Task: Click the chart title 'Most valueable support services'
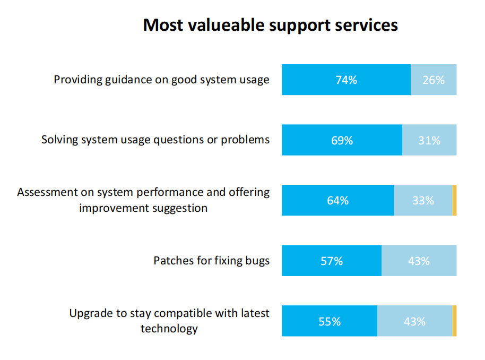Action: pyautogui.click(x=270, y=25)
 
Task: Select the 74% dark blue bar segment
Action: pyautogui.click(x=346, y=80)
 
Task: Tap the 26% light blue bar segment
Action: pyautogui.click(x=433, y=80)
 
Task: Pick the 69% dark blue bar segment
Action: pyautogui.click(x=342, y=140)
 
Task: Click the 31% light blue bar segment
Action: pyautogui.click(x=429, y=140)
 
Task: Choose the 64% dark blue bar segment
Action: pyautogui.click(x=337, y=200)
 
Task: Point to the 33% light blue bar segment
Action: pyautogui.click(x=423, y=200)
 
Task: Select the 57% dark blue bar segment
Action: pyautogui.click(x=331, y=261)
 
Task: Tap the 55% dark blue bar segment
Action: pyautogui.click(x=329, y=321)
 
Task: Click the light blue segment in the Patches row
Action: pyautogui.click(x=419, y=261)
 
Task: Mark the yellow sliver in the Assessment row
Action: pyautogui.click(x=454, y=200)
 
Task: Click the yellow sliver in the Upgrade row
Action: pyautogui.click(x=454, y=321)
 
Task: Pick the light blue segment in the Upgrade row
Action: pyautogui.click(x=414, y=321)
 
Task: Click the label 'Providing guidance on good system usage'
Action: pyautogui.click(x=162, y=80)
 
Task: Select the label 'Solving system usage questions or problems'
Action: pyautogui.click(x=155, y=140)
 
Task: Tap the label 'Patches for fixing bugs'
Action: pyautogui.click(x=211, y=261)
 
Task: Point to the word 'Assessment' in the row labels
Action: pyautogui.click(x=45, y=192)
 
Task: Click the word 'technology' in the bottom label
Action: pyautogui.click(x=169, y=329)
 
